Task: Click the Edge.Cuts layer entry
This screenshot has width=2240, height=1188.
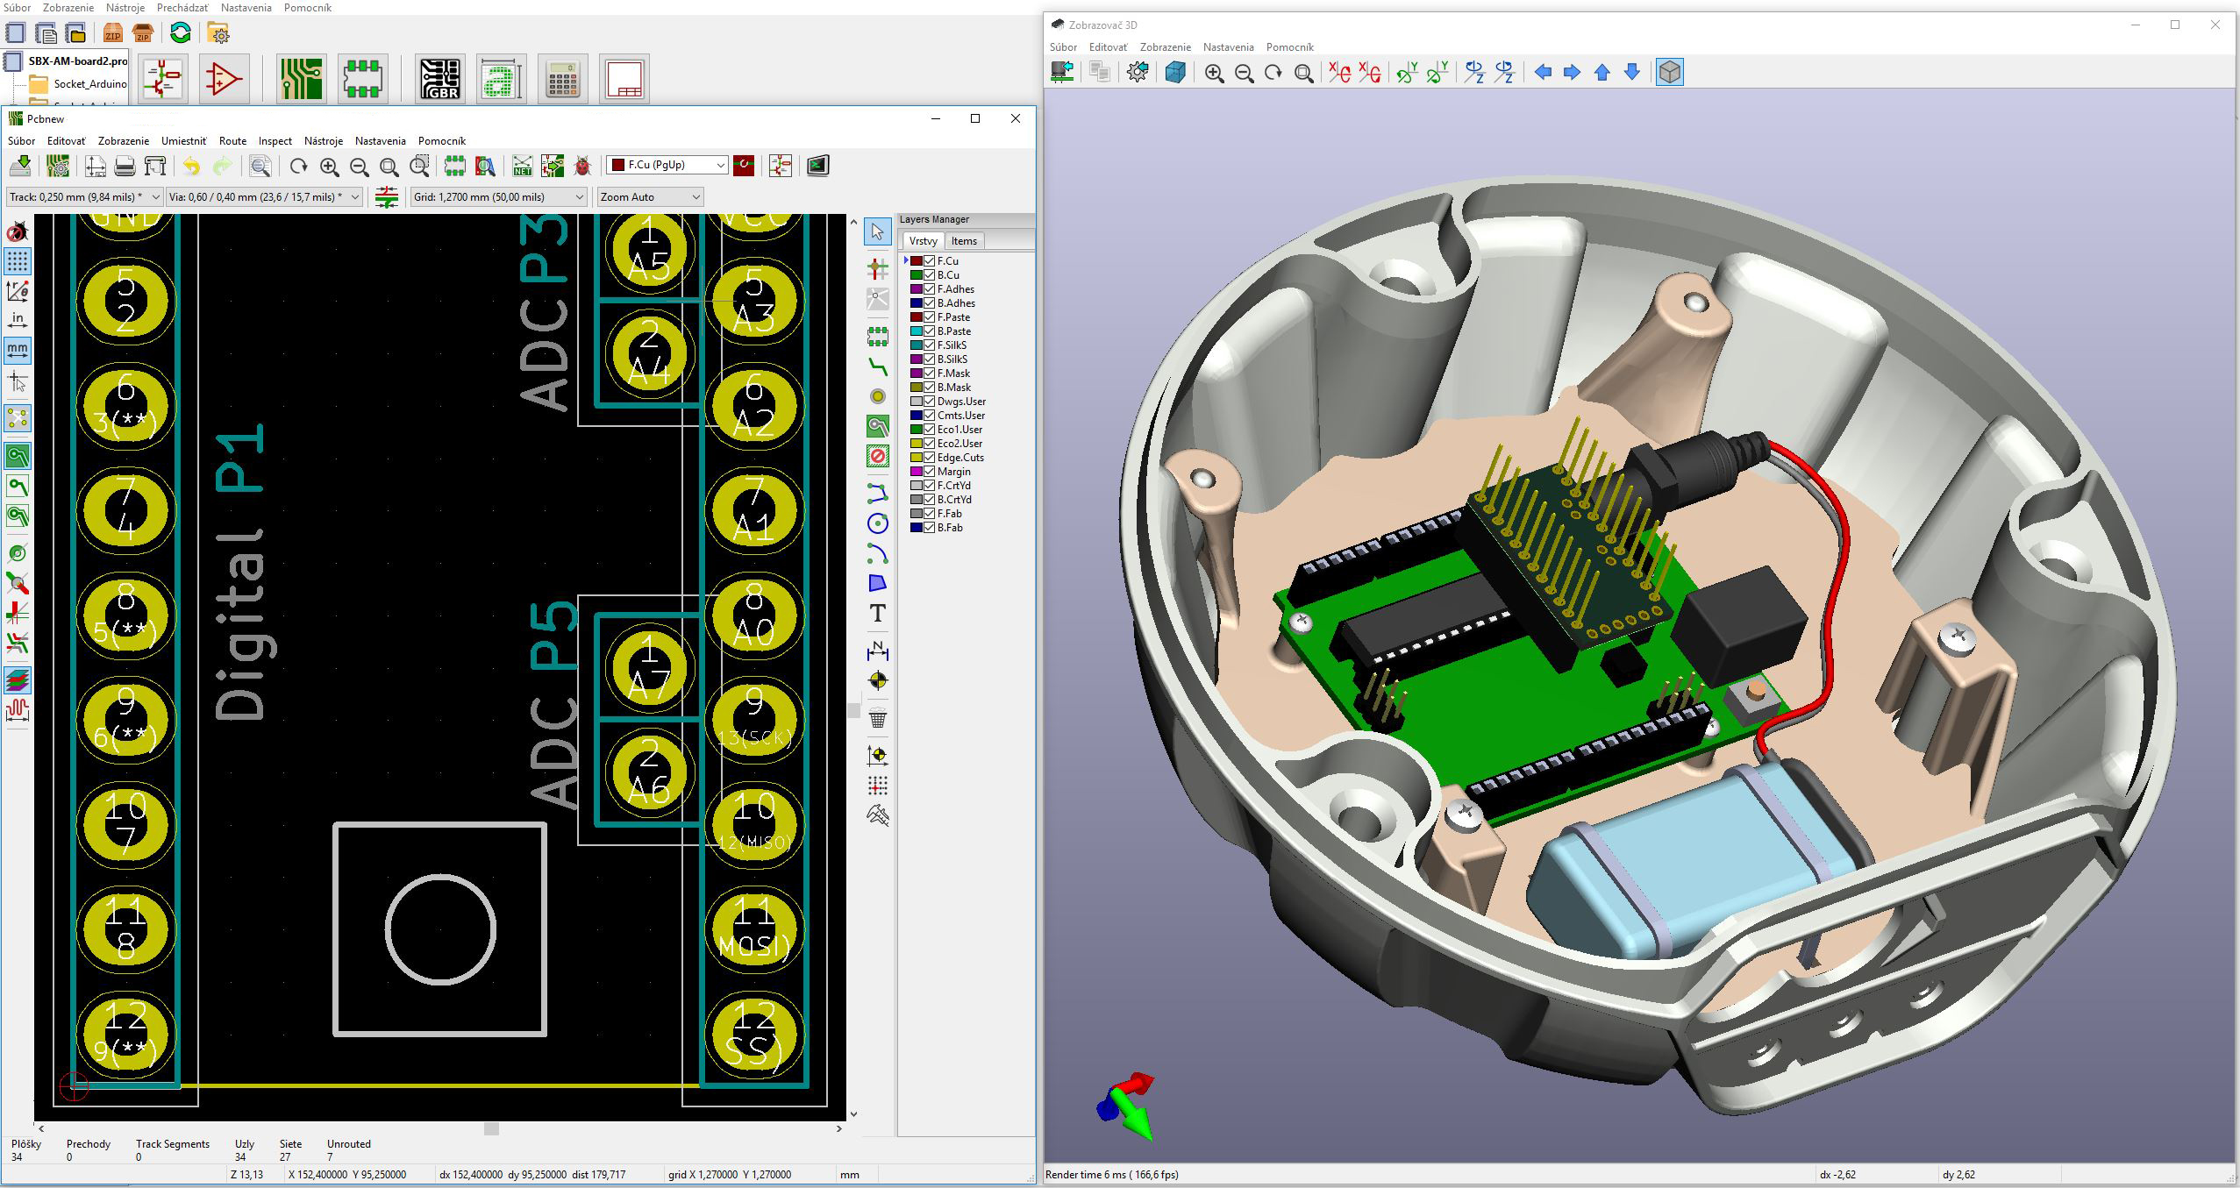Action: click(x=959, y=458)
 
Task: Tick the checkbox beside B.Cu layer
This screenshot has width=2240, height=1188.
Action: click(x=929, y=275)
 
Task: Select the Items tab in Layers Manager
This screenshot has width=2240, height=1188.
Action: click(x=964, y=241)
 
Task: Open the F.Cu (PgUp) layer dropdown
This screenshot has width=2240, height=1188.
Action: click(x=667, y=165)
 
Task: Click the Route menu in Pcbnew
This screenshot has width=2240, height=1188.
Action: click(x=232, y=140)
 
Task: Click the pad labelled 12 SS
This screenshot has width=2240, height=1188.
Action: click(x=753, y=1034)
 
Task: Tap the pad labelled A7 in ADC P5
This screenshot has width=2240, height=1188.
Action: click(x=649, y=667)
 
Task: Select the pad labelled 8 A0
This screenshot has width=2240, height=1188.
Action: click(x=753, y=614)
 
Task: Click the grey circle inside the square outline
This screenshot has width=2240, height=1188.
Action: click(x=440, y=929)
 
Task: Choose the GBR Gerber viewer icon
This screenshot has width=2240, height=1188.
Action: click(x=440, y=79)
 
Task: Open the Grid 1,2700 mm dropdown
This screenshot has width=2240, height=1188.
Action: click(x=498, y=197)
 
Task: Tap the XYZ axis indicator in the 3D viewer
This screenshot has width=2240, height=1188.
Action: click(x=1128, y=1105)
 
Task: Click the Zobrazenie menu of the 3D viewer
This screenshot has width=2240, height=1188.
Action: click(x=1165, y=47)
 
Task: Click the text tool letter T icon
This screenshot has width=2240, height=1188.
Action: click(x=877, y=614)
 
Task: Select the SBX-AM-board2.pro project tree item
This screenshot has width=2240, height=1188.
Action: click(x=77, y=61)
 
